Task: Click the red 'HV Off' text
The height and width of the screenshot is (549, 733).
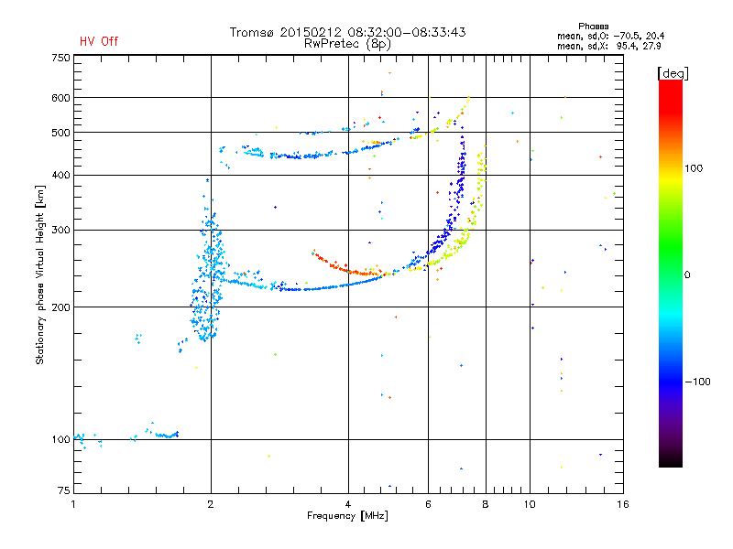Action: coord(99,41)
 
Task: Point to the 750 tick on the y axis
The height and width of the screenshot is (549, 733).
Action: coord(60,58)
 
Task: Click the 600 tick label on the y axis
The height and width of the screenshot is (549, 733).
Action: coord(60,97)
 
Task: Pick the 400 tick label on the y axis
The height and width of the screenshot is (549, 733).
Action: coord(60,175)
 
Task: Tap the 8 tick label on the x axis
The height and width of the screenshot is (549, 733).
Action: coord(486,504)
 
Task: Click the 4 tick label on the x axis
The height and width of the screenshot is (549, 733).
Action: coord(348,504)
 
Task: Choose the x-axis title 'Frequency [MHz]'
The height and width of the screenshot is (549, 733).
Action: coord(347,516)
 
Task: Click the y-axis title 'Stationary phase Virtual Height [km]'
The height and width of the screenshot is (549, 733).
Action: coord(40,275)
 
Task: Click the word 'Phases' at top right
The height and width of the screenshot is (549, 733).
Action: coord(594,26)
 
